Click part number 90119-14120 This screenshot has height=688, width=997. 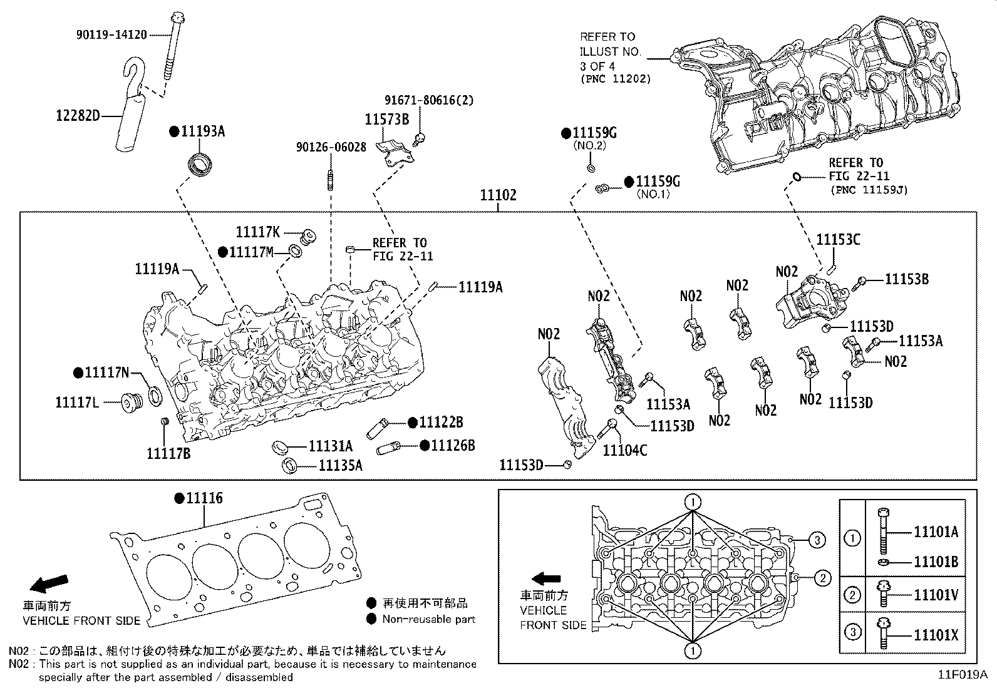(111, 35)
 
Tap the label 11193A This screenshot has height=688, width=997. (202, 131)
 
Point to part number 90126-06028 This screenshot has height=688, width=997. (331, 148)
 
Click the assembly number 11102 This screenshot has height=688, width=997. (498, 195)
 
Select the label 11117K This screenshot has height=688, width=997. (257, 232)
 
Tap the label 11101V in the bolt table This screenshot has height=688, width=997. (936, 595)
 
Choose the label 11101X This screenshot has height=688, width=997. (936, 635)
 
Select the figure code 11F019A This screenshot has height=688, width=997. (962, 675)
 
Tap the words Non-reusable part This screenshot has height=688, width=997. (429, 619)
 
